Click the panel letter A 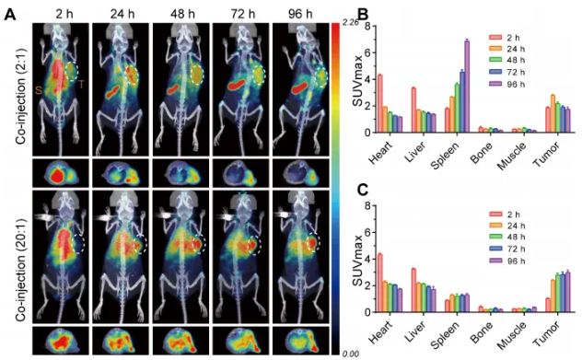pyautogui.click(x=11, y=15)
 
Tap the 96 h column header pyautogui.click(x=300, y=14)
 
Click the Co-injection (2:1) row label pyautogui.click(x=21, y=96)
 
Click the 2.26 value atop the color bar pyautogui.click(x=351, y=23)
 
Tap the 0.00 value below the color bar pyautogui.click(x=351, y=354)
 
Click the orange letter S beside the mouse pyautogui.click(x=39, y=90)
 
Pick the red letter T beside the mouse pyautogui.click(x=82, y=84)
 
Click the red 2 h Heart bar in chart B pyautogui.click(x=380, y=103)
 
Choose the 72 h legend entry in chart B pyautogui.click(x=506, y=73)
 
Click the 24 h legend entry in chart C pyautogui.click(x=506, y=226)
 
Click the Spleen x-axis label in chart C pyautogui.click(x=445, y=335)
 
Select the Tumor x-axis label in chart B pyautogui.click(x=546, y=154)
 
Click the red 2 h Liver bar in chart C pyautogui.click(x=413, y=290)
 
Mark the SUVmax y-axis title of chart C pyautogui.click(x=357, y=261)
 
